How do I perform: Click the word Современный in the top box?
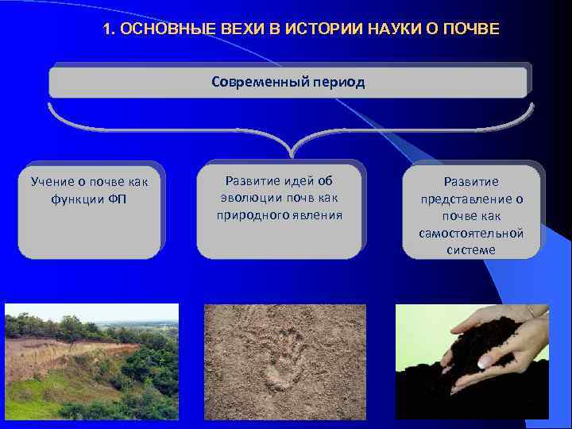(x=253, y=82)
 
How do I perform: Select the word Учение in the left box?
(x=52, y=181)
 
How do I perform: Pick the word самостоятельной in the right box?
(x=471, y=233)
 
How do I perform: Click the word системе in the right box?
(x=471, y=249)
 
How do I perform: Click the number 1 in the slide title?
(x=107, y=29)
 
